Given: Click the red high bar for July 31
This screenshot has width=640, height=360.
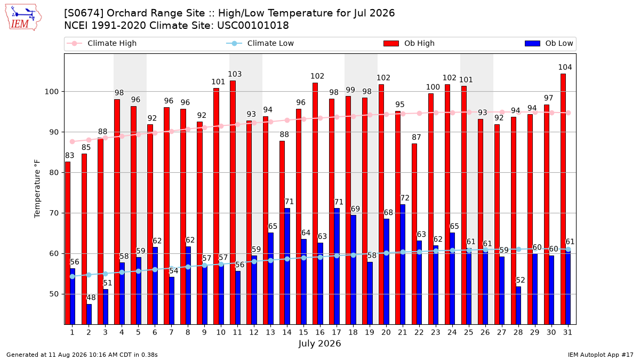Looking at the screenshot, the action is tap(563, 199).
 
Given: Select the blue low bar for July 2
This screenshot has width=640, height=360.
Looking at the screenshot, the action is tap(89, 314).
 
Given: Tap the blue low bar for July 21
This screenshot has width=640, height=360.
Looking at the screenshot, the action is tap(403, 265).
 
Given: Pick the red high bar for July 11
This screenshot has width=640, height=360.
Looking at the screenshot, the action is tap(233, 202).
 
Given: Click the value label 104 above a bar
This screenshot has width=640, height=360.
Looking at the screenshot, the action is tap(565, 67).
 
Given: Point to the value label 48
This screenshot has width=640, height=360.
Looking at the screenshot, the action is tap(91, 298).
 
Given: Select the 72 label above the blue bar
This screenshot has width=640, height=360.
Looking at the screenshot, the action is tap(405, 198).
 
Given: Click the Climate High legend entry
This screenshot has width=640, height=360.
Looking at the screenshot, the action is tap(101, 43).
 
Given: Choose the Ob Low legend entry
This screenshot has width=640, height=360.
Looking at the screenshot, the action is tap(549, 43).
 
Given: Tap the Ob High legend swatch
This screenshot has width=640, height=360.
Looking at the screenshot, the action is tap(391, 43).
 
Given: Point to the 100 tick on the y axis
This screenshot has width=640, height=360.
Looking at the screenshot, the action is tap(51, 92).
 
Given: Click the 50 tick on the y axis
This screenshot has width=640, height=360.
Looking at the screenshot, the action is tap(54, 294).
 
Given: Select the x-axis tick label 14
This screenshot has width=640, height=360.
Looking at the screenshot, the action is tap(287, 332).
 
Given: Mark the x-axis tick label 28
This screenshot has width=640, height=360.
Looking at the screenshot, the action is tap(518, 332).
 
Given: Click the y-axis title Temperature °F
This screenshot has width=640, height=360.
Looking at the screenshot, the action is tap(37, 189).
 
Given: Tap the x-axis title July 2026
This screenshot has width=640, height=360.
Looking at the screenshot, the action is tap(319, 343).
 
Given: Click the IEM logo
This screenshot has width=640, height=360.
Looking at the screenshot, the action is tap(23, 18).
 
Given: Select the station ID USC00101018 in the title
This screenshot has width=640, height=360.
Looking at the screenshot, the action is tap(253, 26).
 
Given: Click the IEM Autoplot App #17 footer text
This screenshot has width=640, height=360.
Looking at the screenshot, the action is tap(601, 355).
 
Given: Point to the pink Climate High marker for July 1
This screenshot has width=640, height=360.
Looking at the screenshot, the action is tap(73, 141).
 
